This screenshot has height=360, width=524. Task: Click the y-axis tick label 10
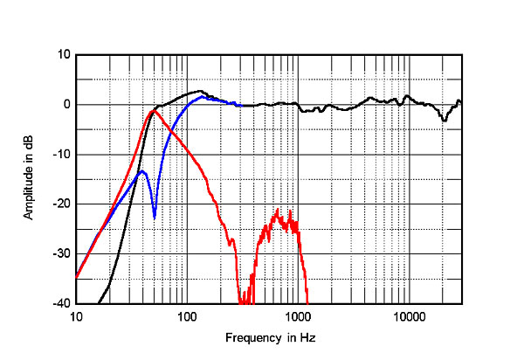64,54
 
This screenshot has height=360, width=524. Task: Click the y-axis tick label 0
66,105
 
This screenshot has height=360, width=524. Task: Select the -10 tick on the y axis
62,155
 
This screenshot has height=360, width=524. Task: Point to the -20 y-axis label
62,204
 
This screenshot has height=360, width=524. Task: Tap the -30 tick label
62,254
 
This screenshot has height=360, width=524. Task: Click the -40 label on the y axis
62,304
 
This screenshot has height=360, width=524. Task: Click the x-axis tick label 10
76,315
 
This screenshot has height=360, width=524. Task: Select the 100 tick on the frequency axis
187,315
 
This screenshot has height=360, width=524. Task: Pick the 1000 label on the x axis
298,315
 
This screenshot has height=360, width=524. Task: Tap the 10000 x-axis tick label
409,315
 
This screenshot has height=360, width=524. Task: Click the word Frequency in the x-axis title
250,337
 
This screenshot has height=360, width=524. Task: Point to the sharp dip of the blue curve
155,217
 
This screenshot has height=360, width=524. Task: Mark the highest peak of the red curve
154,111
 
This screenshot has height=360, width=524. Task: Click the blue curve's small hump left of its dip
141,171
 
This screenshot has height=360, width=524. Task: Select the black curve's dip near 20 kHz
444,120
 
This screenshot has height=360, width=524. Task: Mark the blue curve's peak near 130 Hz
202,97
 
